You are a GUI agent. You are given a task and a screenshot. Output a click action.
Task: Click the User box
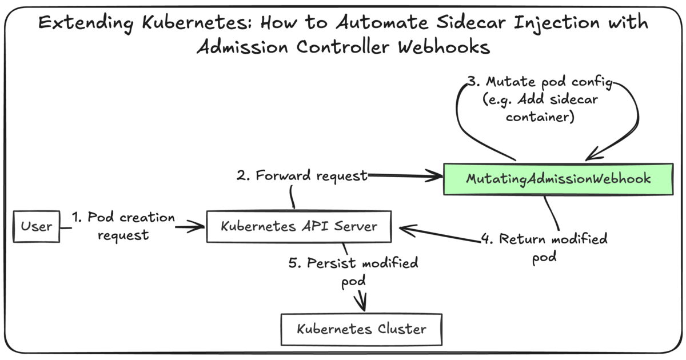37,226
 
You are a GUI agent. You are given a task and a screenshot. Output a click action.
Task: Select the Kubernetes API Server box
299,226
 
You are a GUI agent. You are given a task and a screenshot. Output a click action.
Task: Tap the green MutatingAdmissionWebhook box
558,178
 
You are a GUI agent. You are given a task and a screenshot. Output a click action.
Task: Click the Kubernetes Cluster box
361,329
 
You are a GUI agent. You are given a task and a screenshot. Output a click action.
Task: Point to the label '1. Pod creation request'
123,226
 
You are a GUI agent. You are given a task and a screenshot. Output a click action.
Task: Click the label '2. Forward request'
301,176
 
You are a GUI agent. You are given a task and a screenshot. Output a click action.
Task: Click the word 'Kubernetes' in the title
194,23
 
